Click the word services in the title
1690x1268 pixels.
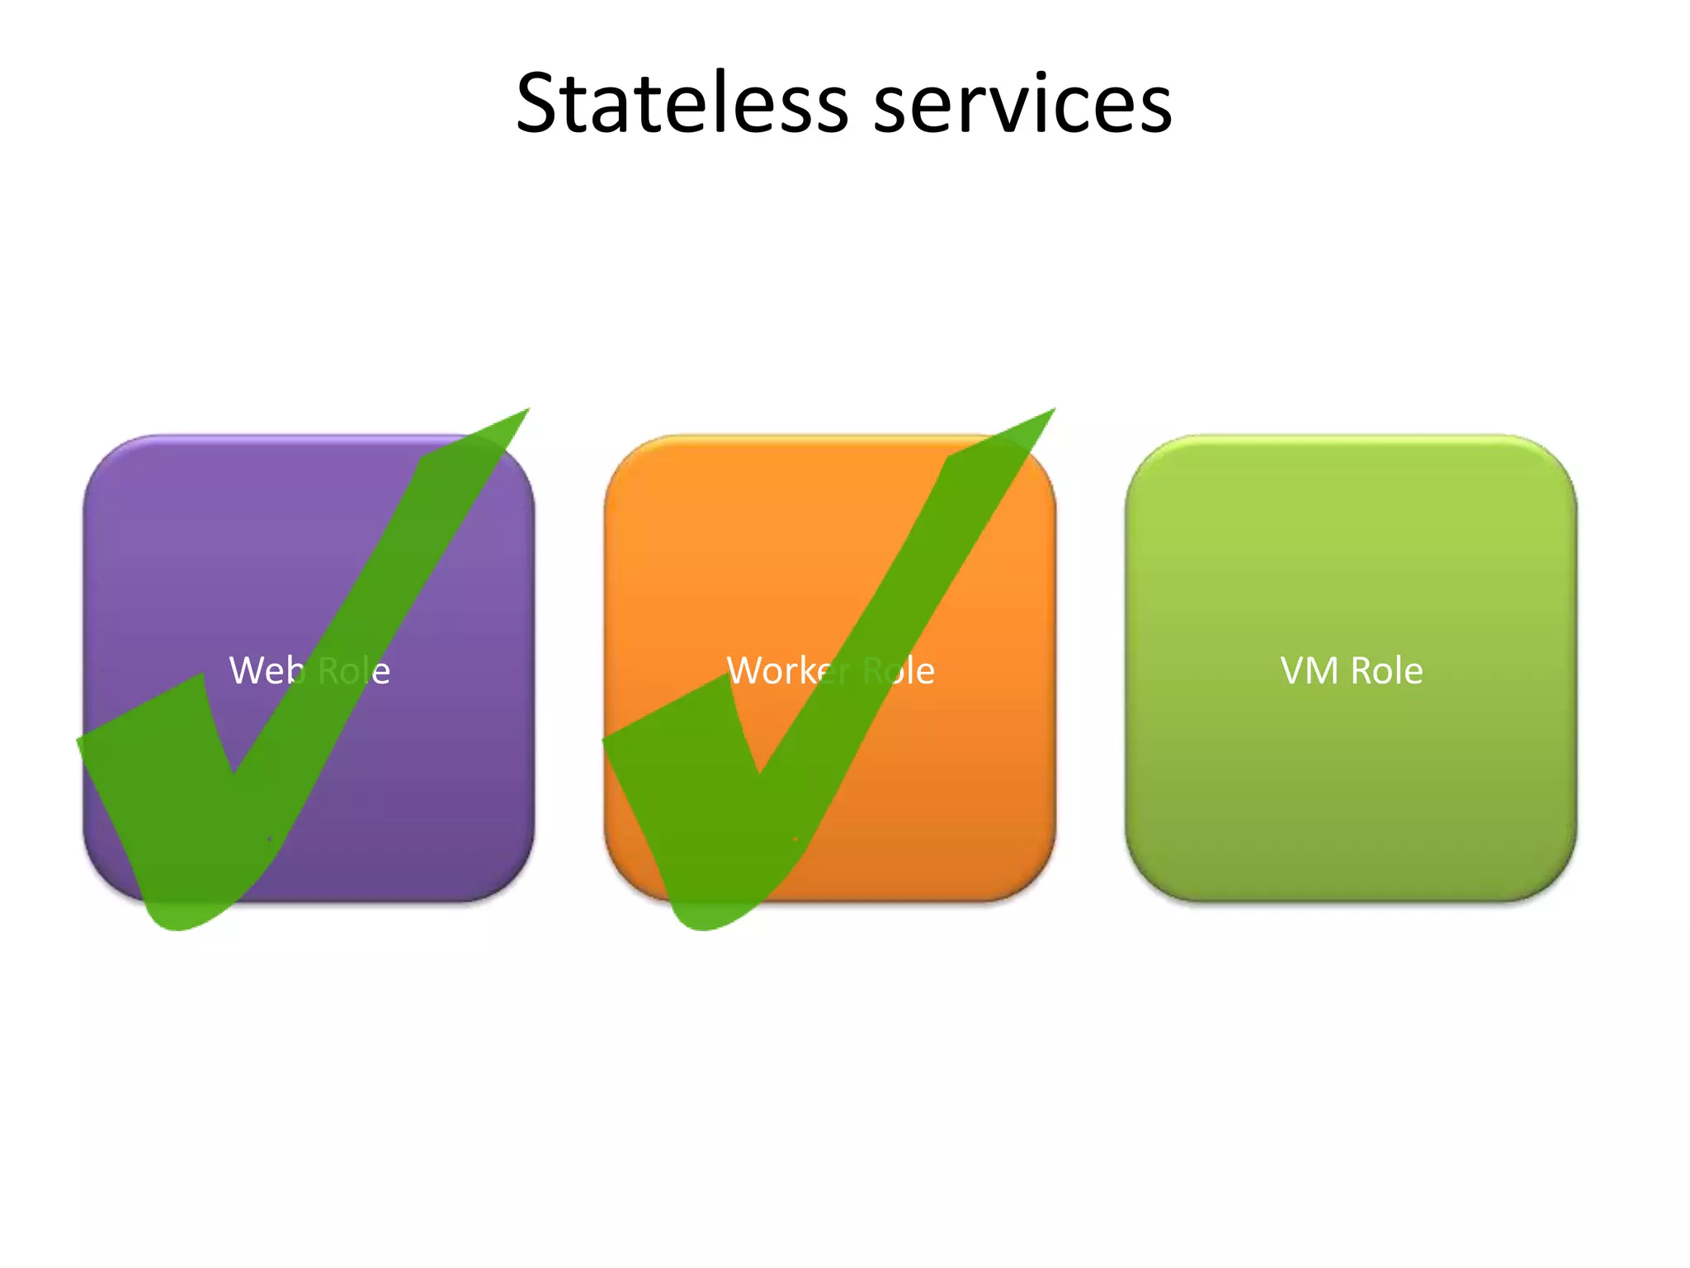click(1022, 104)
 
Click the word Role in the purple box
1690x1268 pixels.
click(353, 670)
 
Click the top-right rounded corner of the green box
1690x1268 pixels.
click(1555, 458)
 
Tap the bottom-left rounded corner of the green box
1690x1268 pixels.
click(1149, 878)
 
